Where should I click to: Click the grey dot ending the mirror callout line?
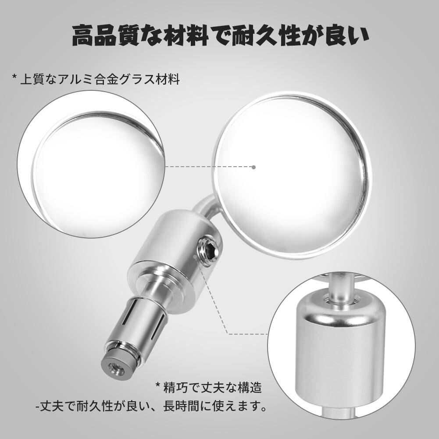point(253,167)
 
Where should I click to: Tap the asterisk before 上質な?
point(14,77)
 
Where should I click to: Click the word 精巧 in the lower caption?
point(176,388)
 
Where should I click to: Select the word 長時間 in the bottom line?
point(181,406)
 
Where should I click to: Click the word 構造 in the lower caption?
point(250,388)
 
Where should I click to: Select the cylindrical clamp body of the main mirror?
point(174,246)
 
